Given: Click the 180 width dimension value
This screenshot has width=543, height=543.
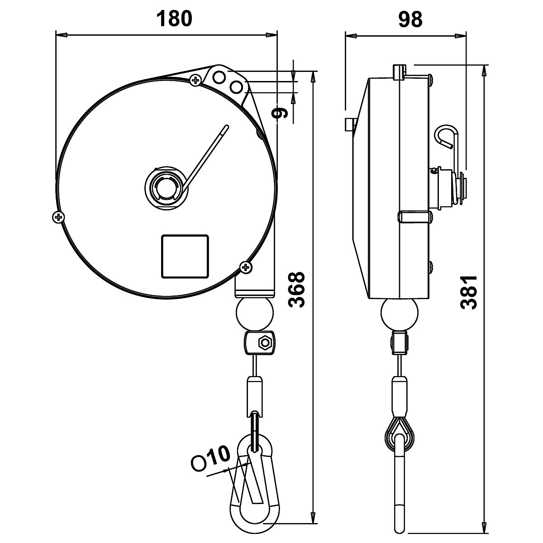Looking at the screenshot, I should click(x=174, y=19).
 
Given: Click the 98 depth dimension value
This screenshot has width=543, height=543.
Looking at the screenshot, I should click(x=410, y=19).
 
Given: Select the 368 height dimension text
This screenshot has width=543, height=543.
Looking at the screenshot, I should click(x=297, y=290).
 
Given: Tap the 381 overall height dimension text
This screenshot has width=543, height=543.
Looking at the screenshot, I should click(x=469, y=292).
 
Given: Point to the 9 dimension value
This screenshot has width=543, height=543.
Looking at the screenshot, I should click(x=281, y=112).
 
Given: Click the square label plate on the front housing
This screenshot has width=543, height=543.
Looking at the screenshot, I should click(x=185, y=256).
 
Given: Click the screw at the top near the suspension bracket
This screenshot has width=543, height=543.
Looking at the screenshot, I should click(x=195, y=81).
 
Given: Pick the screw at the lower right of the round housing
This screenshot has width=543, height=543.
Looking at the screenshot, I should click(x=246, y=267).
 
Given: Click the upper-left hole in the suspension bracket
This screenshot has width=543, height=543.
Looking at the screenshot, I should click(x=219, y=76).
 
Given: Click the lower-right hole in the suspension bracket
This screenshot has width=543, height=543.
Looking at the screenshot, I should click(x=236, y=86).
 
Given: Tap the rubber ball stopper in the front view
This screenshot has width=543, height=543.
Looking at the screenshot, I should click(x=255, y=314).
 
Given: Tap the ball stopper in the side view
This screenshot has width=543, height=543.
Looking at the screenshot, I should click(x=399, y=314).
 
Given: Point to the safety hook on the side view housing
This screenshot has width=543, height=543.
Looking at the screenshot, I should click(x=448, y=137).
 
